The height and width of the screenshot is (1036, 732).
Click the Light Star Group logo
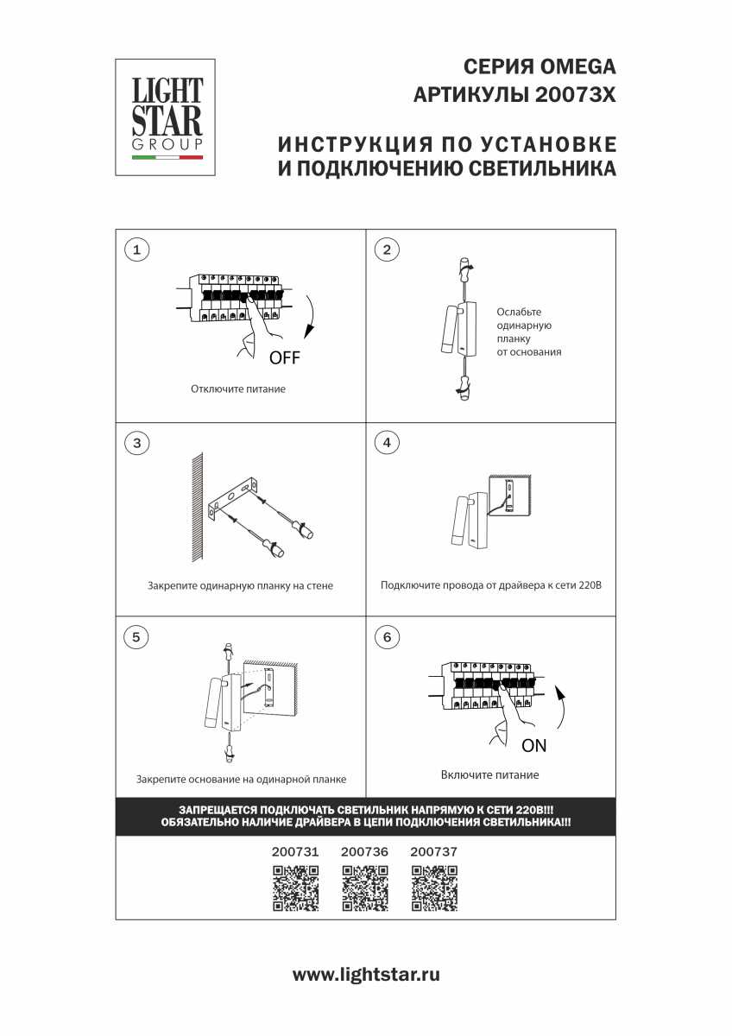point(167,117)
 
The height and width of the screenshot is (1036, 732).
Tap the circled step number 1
point(136,250)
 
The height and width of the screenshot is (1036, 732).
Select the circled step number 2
point(387,250)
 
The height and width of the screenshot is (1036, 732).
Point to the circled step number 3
point(136,443)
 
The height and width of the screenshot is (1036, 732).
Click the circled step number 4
point(387,443)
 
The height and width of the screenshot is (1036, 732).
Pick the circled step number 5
point(136,637)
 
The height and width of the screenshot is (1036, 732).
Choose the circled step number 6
point(387,637)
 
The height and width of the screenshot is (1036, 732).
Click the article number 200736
point(365,851)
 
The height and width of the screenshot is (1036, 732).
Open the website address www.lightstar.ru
point(366,975)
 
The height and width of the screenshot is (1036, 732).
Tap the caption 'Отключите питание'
point(238,389)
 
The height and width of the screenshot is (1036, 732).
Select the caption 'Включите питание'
point(489,774)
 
